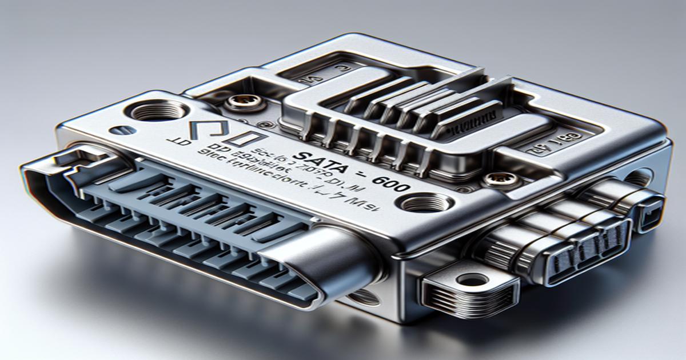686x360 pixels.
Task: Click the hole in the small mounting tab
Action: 473,280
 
